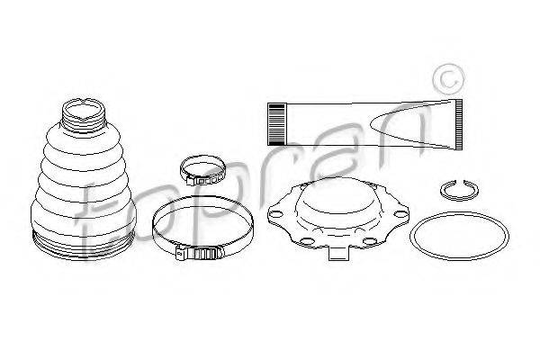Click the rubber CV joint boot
click(84, 179)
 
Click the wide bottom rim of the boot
click(83, 247)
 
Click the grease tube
click(365, 125)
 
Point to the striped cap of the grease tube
click(276, 124)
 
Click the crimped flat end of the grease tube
click(459, 125)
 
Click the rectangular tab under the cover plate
click(339, 254)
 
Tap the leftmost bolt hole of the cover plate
click(274, 214)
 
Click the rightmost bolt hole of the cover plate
click(400, 214)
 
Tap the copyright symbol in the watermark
click(448, 80)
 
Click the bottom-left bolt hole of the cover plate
click(306, 240)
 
